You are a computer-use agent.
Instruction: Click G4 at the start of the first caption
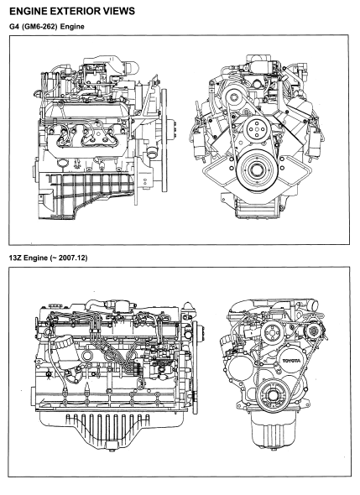[x=13, y=27]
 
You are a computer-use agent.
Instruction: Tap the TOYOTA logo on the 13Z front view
[x=291, y=361]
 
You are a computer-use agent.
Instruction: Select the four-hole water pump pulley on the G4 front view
[x=255, y=129]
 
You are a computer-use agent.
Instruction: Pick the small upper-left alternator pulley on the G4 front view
[x=234, y=96]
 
